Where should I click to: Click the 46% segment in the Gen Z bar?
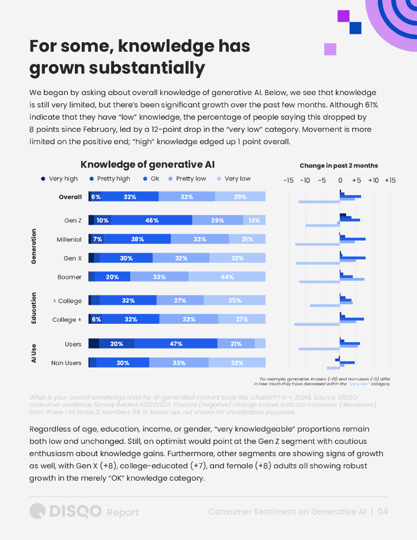point(152,220)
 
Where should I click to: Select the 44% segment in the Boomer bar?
point(227,277)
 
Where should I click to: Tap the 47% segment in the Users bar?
point(176,344)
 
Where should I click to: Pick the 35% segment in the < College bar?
point(235,301)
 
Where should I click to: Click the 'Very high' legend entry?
point(60,179)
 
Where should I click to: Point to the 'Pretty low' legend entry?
point(187,179)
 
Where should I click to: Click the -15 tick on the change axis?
point(288,180)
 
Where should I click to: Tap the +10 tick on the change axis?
point(373,180)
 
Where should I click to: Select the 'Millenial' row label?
point(69,239)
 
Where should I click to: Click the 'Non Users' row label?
point(66,363)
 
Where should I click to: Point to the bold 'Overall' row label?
point(70,197)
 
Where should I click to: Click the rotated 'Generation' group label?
point(34,246)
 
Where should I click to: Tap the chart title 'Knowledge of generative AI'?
point(147,165)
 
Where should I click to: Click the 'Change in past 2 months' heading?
point(338,166)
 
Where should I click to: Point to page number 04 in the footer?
point(383,512)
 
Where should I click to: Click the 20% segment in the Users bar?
point(117,344)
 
